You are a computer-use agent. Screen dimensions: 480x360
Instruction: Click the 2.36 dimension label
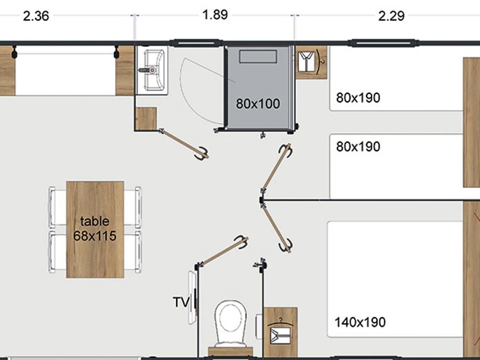[x=36, y=15]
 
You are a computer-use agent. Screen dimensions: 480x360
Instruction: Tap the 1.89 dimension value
[x=215, y=15]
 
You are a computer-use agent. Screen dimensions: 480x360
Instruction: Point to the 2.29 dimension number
[x=391, y=15]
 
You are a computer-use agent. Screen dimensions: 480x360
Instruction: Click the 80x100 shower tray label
[x=258, y=104]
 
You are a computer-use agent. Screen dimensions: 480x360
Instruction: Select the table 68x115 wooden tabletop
[x=95, y=229]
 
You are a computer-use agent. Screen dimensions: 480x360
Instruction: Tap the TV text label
[x=181, y=302]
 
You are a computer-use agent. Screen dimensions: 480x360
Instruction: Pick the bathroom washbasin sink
[x=154, y=70]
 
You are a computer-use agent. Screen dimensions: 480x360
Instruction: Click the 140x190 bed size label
[x=360, y=322]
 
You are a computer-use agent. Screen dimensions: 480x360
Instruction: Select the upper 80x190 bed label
[x=358, y=98]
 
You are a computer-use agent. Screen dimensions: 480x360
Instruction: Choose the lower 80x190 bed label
[x=358, y=147]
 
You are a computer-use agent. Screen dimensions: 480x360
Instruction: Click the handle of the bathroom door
[x=202, y=154]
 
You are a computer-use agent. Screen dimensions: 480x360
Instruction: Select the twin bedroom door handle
[x=286, y=150]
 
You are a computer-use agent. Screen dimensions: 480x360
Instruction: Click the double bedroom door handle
[x=286, y=245]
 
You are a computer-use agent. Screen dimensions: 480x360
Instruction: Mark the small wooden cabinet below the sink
[x=146, y=118]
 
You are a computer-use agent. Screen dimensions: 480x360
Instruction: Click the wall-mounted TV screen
[x=192, y=297]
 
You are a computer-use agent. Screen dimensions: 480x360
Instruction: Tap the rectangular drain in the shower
[x=258, y=57]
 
